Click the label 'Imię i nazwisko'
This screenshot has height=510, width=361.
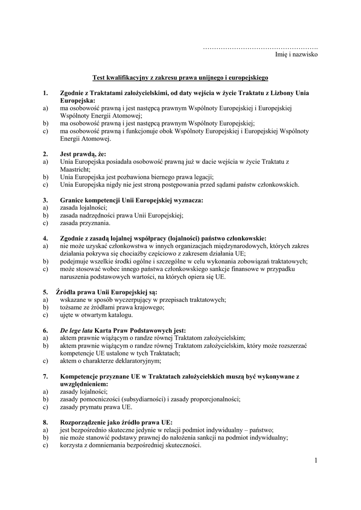click(296, 55)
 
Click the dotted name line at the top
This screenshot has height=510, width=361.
click(260, 47)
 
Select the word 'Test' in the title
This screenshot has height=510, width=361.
click(99, 78)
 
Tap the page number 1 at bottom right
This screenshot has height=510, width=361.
click(316, 460)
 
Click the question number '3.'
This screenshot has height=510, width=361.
click(45, 200)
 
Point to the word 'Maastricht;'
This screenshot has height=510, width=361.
click(75, 169)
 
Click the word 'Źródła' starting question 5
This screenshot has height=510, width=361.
click(70, 292)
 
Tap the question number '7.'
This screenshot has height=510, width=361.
click(45, 377)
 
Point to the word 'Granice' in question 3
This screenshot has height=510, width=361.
click(73, 200)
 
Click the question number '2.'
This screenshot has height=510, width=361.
click(45, 154)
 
